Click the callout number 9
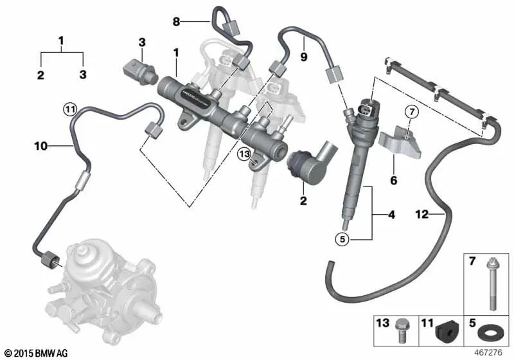tap(304, 57)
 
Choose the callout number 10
tap(40, 147)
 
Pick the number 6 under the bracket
tap(393, 181)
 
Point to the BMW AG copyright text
tap(36, 353)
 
